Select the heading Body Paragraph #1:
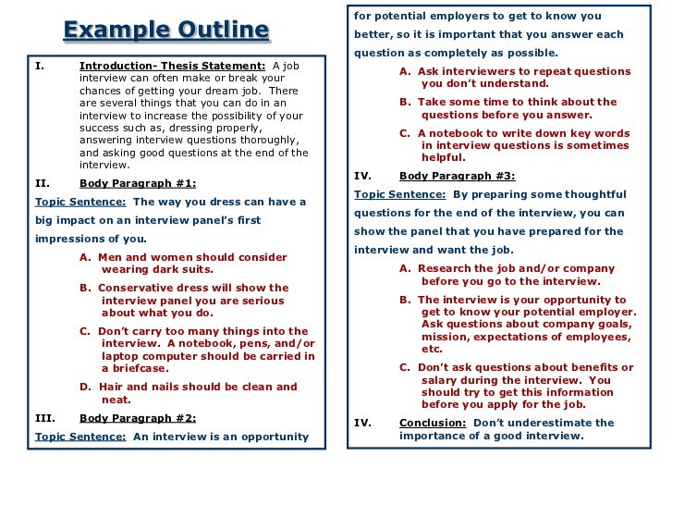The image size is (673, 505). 138,183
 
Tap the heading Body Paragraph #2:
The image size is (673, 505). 138,417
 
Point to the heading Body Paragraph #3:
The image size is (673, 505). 458,176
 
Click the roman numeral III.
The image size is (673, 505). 44,417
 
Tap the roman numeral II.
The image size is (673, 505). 42,183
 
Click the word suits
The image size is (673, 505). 194,269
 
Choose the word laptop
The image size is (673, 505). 119,356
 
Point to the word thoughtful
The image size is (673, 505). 593,194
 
